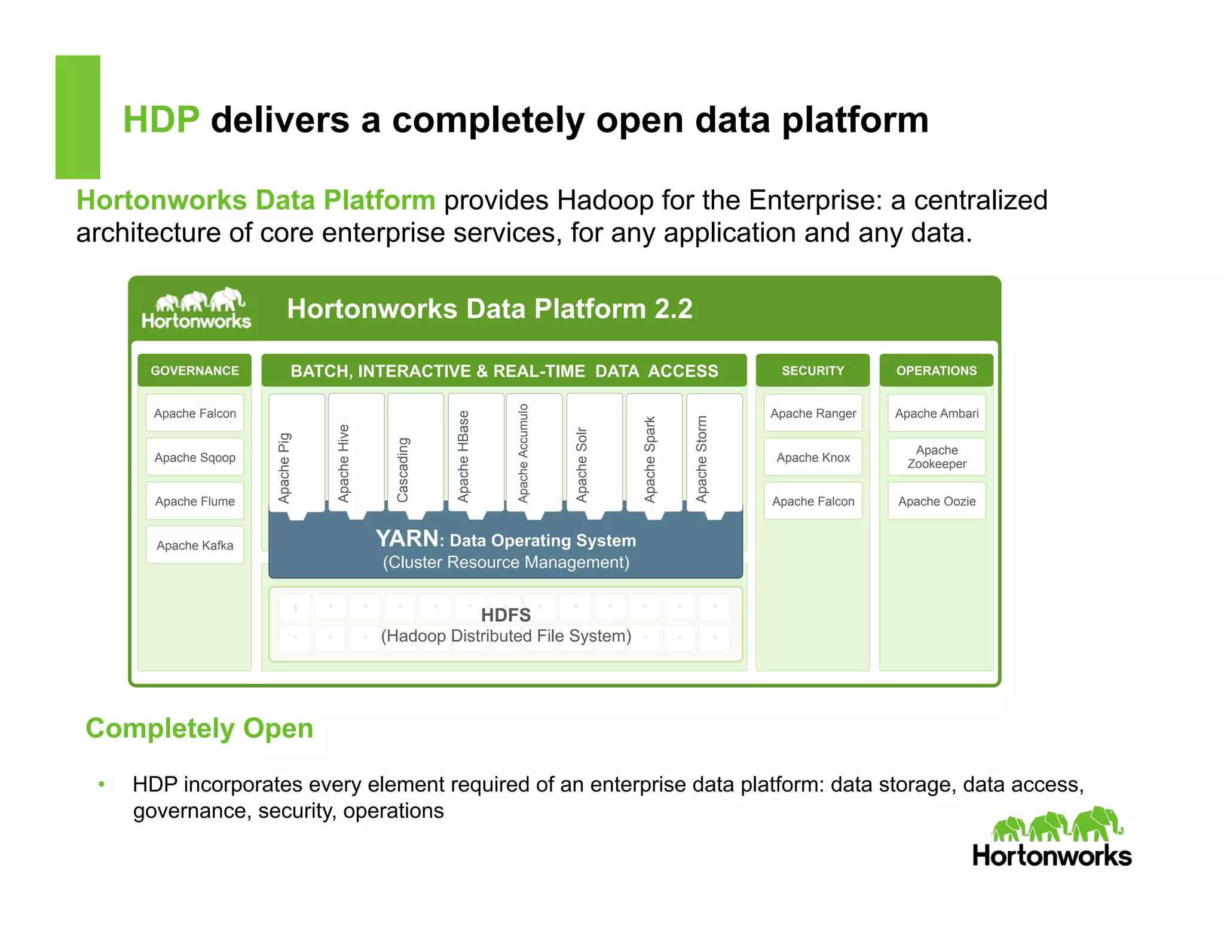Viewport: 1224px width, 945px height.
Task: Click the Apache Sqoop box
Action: tap(195, 458)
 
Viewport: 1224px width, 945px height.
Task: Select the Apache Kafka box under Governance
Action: tap(195, 545)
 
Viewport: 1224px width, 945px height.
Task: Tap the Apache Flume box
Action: tap(195, 502)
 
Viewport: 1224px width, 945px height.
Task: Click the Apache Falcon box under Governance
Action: tap(195, 413)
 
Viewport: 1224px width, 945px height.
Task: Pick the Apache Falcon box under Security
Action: tap(813, 502)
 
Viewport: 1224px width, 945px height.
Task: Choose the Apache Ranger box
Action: tap(813, 413)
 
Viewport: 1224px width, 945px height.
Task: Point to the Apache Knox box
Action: tap(813, 458)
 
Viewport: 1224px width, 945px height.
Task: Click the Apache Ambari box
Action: tap(937, 413)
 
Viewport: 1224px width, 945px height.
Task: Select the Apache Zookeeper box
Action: tap(937, 457)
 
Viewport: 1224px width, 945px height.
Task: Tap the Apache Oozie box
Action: tap(937, 502)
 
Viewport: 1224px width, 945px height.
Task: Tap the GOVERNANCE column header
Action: tap(195, 370)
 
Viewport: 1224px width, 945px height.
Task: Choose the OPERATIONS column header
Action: tap(937, 370)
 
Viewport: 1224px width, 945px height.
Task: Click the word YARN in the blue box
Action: tap(407, 539)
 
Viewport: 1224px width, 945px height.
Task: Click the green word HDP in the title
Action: tap(161, 119)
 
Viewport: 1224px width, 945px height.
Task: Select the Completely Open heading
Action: tap(200, 728)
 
